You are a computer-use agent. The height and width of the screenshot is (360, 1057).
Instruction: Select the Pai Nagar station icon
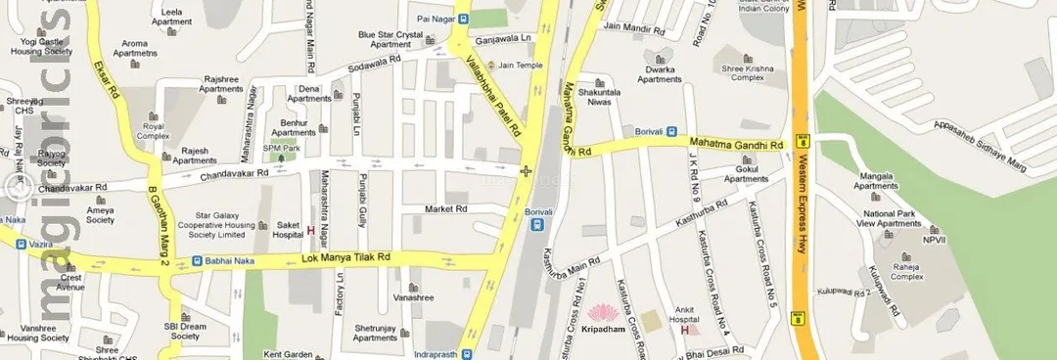pos(463,18)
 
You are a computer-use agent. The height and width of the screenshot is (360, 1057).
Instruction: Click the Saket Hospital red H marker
pos(311,231)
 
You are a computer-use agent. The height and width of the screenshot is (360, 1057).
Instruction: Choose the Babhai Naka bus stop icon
pos(197,261)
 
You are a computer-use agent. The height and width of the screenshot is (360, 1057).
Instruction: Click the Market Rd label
pos(445,209)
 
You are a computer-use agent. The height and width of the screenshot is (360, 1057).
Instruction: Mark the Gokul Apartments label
pos(747,174)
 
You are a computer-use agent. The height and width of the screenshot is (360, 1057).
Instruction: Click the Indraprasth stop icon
pos(466,353)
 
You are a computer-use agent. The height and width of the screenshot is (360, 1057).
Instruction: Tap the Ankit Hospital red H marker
pos(686,329)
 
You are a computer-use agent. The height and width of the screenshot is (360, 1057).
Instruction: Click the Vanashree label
pos(413,297)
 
